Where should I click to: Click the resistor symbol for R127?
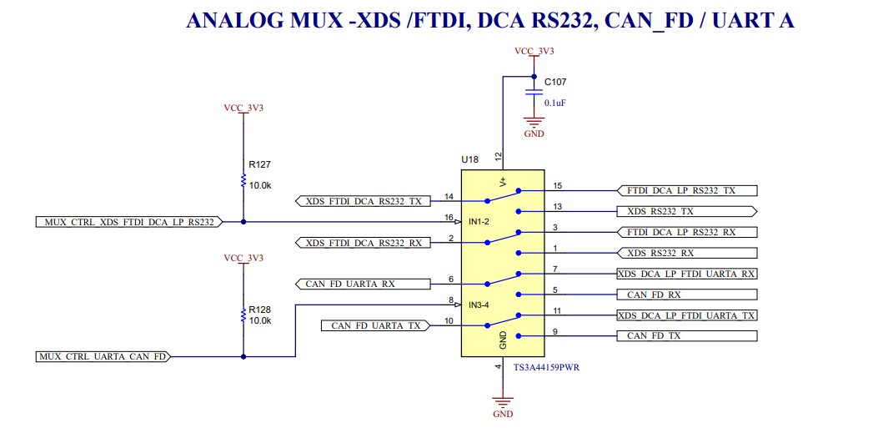(x=243, y=181)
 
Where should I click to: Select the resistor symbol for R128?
(x=243, y=315)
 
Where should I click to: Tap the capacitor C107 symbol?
(x=534, y=93)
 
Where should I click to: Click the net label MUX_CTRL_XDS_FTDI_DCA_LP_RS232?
(x=128, y=222)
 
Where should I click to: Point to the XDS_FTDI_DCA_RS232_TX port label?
(x=364, y=201)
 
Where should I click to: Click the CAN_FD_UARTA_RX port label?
(x=364, y=284)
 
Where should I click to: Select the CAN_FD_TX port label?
(x=686, y=335)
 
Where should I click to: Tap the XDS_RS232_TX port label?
(x=686, y=211)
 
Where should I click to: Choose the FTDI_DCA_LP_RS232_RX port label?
(x=686, y=232)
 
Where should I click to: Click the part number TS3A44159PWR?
(x=545, y=368)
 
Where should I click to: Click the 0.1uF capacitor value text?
(x=556, y=103)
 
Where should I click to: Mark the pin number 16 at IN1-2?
(x=449, y=217)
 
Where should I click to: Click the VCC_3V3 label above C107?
(x=534, y=51)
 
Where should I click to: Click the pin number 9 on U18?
(x=554, y=331)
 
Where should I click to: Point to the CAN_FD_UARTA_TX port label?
(x=375, y=325)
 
